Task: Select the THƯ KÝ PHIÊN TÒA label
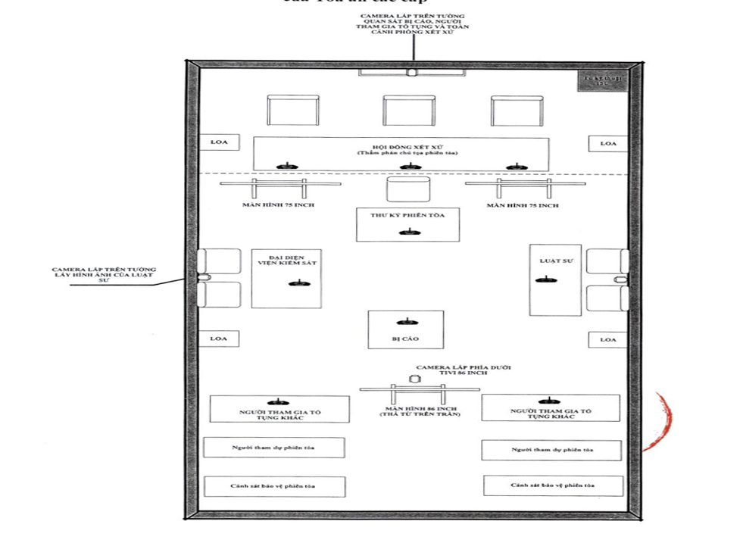click(x=407, y=216)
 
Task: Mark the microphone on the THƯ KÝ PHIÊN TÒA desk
click(x=407, y=232)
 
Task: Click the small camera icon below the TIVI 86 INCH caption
click(x=414, y=377)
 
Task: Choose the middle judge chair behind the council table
click(x=409, y=111)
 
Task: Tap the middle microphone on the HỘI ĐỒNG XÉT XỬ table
click(x=409, y=167)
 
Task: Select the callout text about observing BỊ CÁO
click(x=414, y=27)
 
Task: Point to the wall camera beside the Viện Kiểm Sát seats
click(x=202, y=278)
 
